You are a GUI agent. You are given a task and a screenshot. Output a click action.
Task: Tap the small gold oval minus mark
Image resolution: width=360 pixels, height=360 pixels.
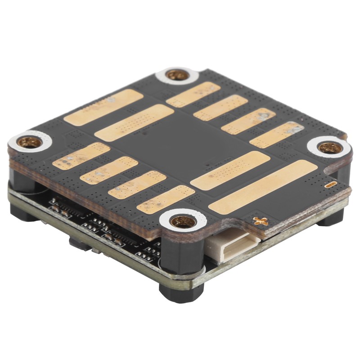click(x=331, y=184)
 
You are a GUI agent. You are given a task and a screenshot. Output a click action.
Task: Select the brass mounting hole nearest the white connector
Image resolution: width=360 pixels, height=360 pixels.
click(x=183, y=221)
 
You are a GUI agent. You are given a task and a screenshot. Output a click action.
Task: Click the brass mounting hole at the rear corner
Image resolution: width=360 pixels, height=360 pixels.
click(x=177, y=75)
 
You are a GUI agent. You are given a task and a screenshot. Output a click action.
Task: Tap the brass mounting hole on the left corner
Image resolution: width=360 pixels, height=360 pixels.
click(x=30, y=143)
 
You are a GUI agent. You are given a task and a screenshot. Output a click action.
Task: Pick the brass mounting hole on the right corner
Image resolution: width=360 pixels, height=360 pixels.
click(x=329, y=147)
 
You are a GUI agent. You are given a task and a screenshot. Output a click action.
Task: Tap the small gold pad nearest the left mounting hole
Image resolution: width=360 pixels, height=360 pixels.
click(x=81, y=156)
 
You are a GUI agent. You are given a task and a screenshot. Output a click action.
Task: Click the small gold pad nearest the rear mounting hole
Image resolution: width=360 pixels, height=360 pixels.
click(x=193, y=94)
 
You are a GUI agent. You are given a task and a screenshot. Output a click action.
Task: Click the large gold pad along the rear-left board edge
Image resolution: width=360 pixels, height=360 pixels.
click(x=103, y=107)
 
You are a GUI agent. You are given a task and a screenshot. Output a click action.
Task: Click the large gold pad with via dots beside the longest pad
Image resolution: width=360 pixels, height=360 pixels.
click(x=230, y=170)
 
